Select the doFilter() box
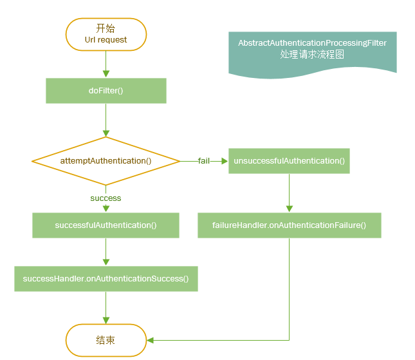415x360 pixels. point(106,91)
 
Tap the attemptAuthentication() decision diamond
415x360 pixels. point(106,160)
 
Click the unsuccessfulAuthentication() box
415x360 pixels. point(289,160)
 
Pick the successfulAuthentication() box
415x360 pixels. point(106,225)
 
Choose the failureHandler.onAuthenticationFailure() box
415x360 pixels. point(289,225)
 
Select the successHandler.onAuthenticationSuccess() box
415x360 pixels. point(106,279)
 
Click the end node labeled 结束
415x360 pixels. point(106,339)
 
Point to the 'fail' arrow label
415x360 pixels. point(203,160)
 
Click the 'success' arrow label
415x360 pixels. point(106,198)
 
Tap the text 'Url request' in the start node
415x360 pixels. point(106,39)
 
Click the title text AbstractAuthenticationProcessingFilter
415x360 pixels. point(312,43)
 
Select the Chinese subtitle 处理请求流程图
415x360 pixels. point(312,55)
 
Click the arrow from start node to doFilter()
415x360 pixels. point(106,64)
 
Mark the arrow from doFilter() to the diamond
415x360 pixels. point(106,120)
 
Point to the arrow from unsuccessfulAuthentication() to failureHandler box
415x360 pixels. point(289,193)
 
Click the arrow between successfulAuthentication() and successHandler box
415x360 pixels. point(106,252)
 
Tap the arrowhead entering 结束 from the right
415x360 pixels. point(151,339)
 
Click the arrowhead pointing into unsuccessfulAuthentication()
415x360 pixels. point(225,160)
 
